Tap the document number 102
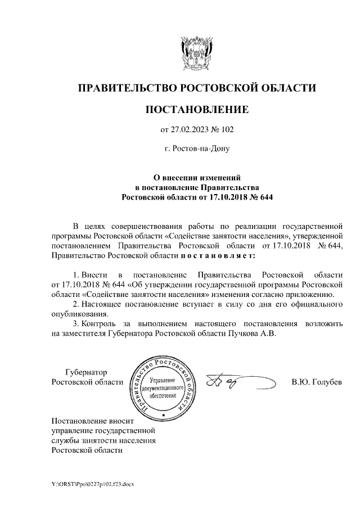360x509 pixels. click(226, 130)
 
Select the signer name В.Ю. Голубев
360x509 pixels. click(317, 382)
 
